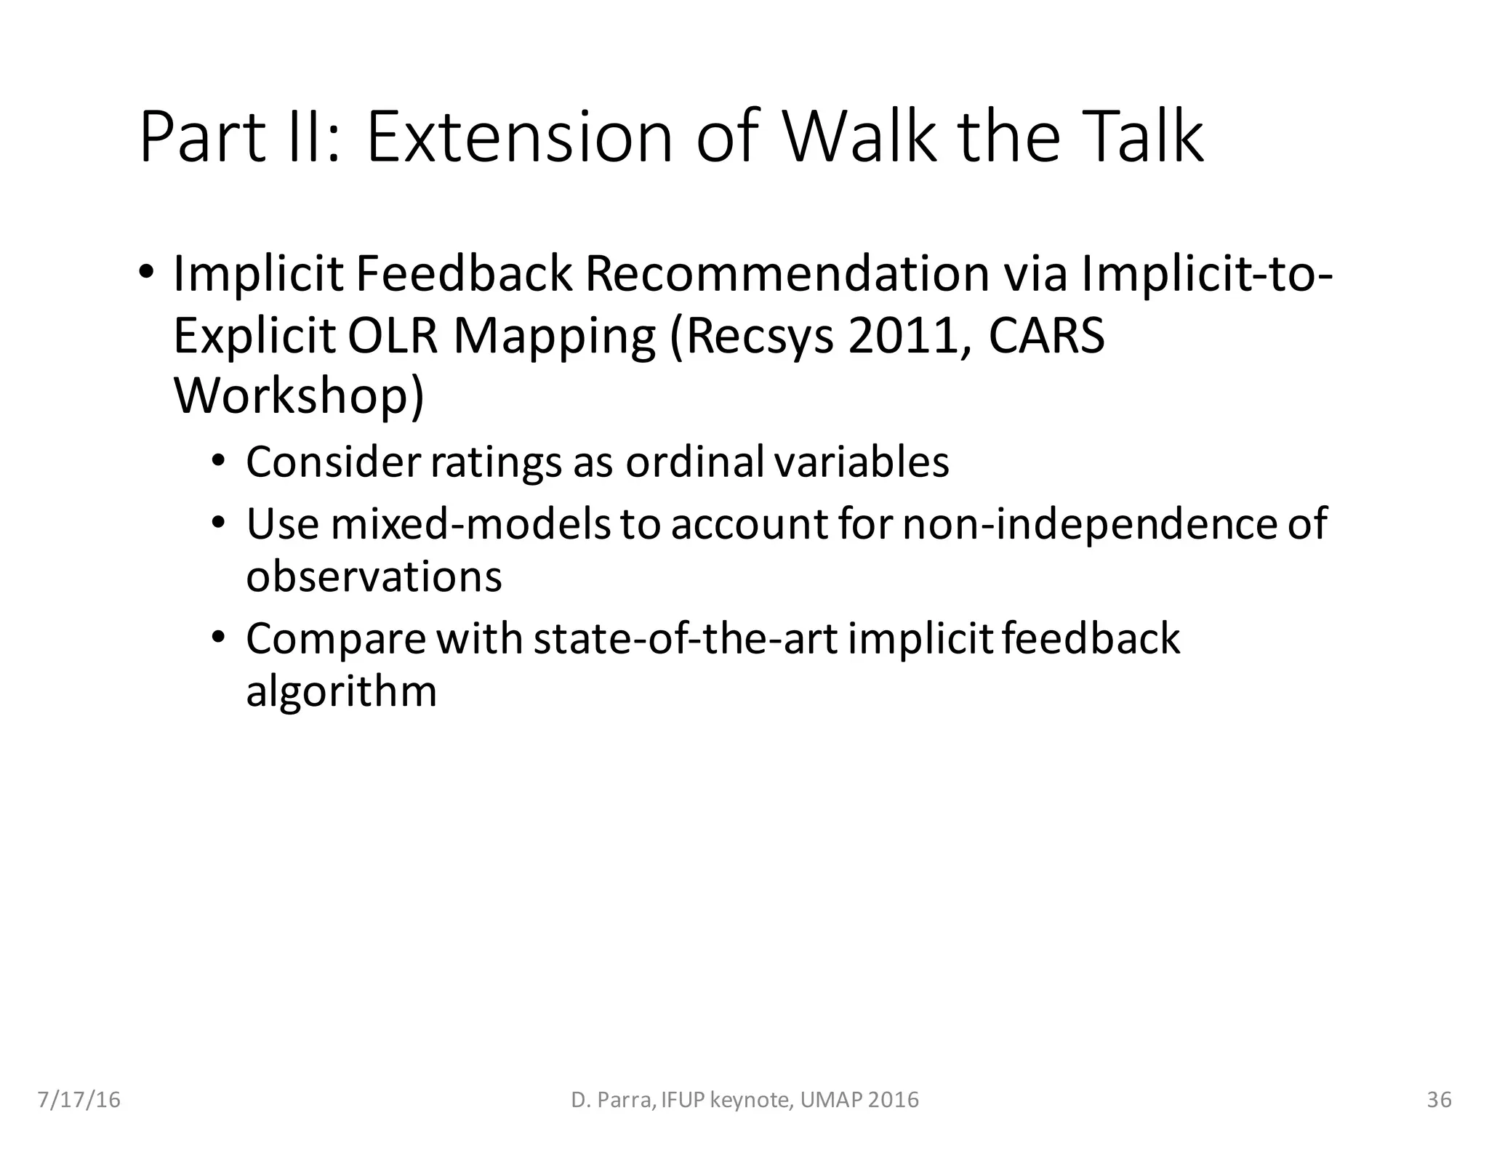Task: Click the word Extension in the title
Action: pos(519,137)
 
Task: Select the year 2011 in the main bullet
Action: pos(907,336)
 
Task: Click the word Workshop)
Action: pos(299,397)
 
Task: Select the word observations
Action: pos(374,577)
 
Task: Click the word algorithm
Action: pos(341,691)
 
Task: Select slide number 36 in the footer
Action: pos(1439,1100)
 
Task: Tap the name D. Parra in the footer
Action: pos(611,1100)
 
